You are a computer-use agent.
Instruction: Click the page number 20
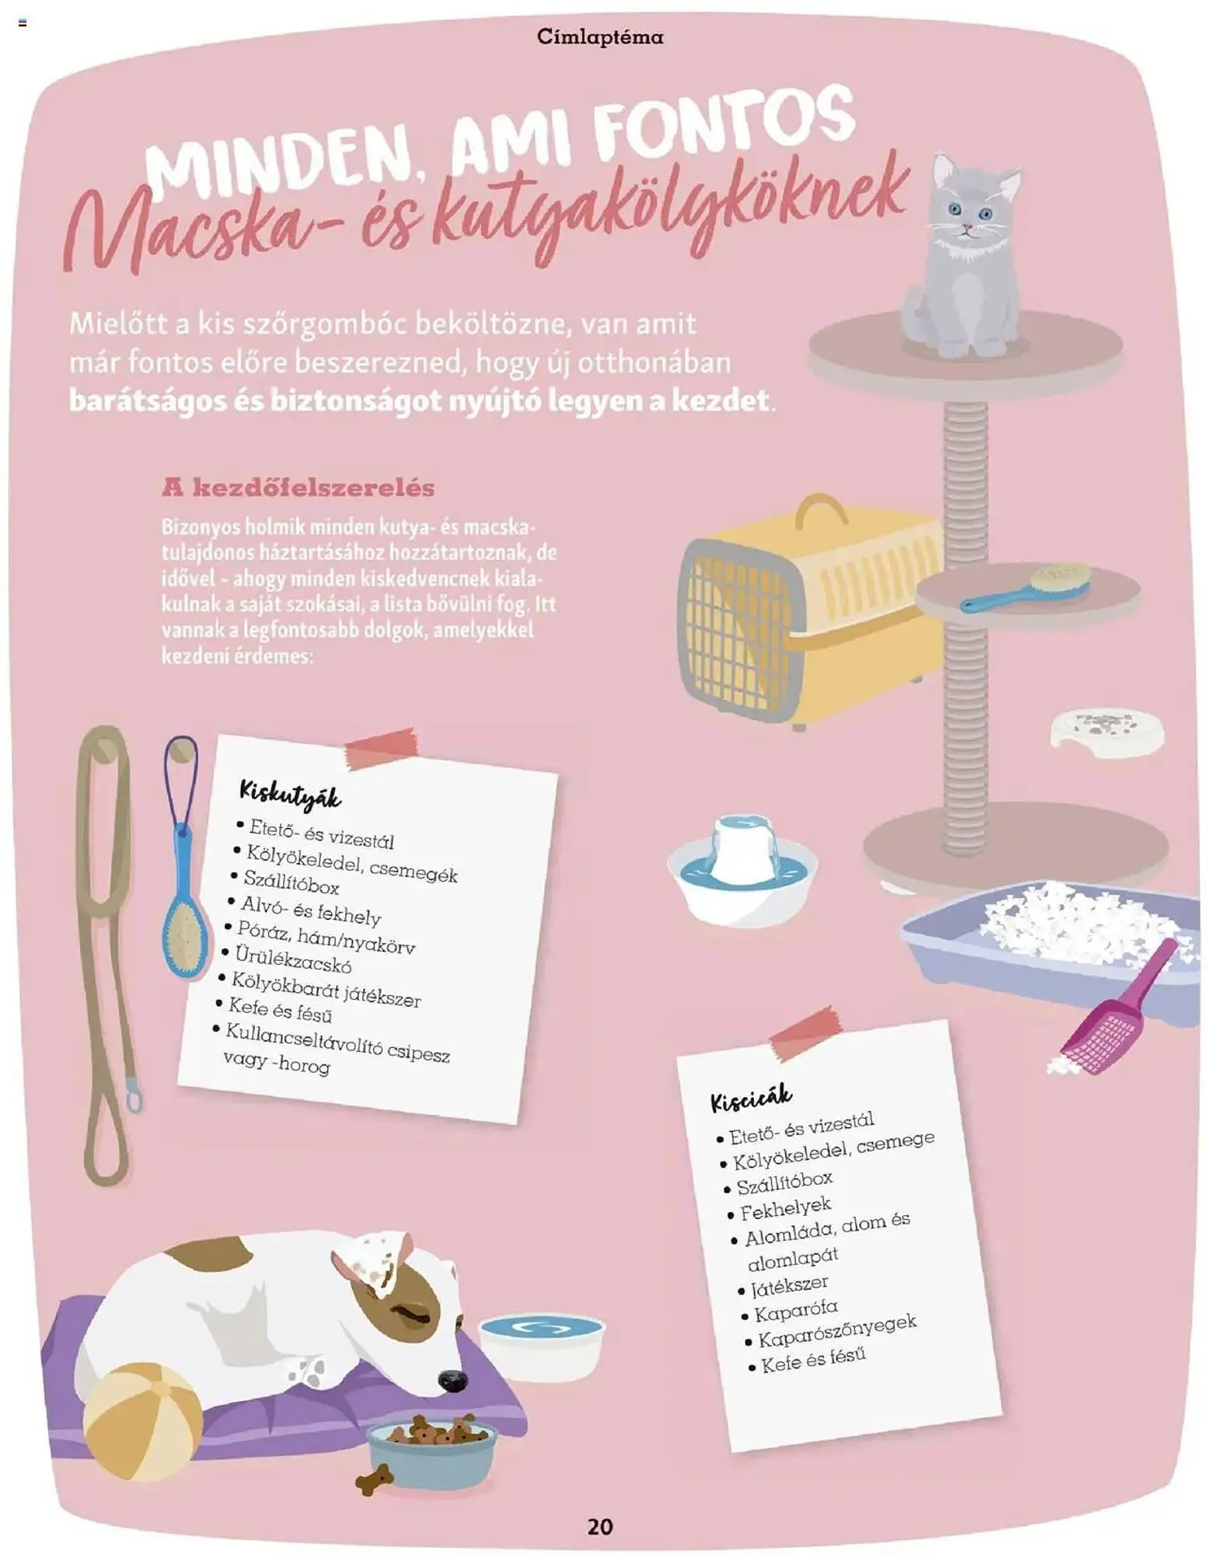coord(599,1525)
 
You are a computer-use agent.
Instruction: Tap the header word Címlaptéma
coord(599,37)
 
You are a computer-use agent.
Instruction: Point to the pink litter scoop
coord(1117,1011)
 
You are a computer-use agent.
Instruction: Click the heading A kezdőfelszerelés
coord(298,487)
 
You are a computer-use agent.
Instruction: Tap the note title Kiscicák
coord(750,1097)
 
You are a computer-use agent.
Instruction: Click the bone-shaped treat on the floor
coord(375,1478)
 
